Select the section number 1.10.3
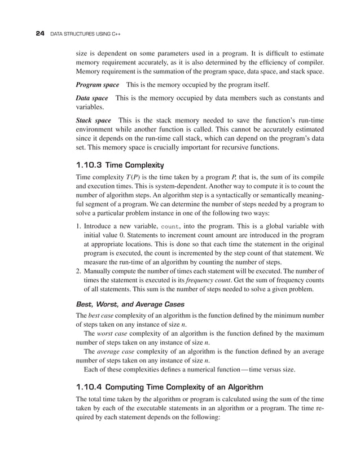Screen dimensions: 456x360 click(x=89, y=165)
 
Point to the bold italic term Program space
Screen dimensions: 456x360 click(x=97, y=85)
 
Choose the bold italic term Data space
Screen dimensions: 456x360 click(x=91, y=98)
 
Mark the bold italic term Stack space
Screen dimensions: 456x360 click(x=93, y=121)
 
